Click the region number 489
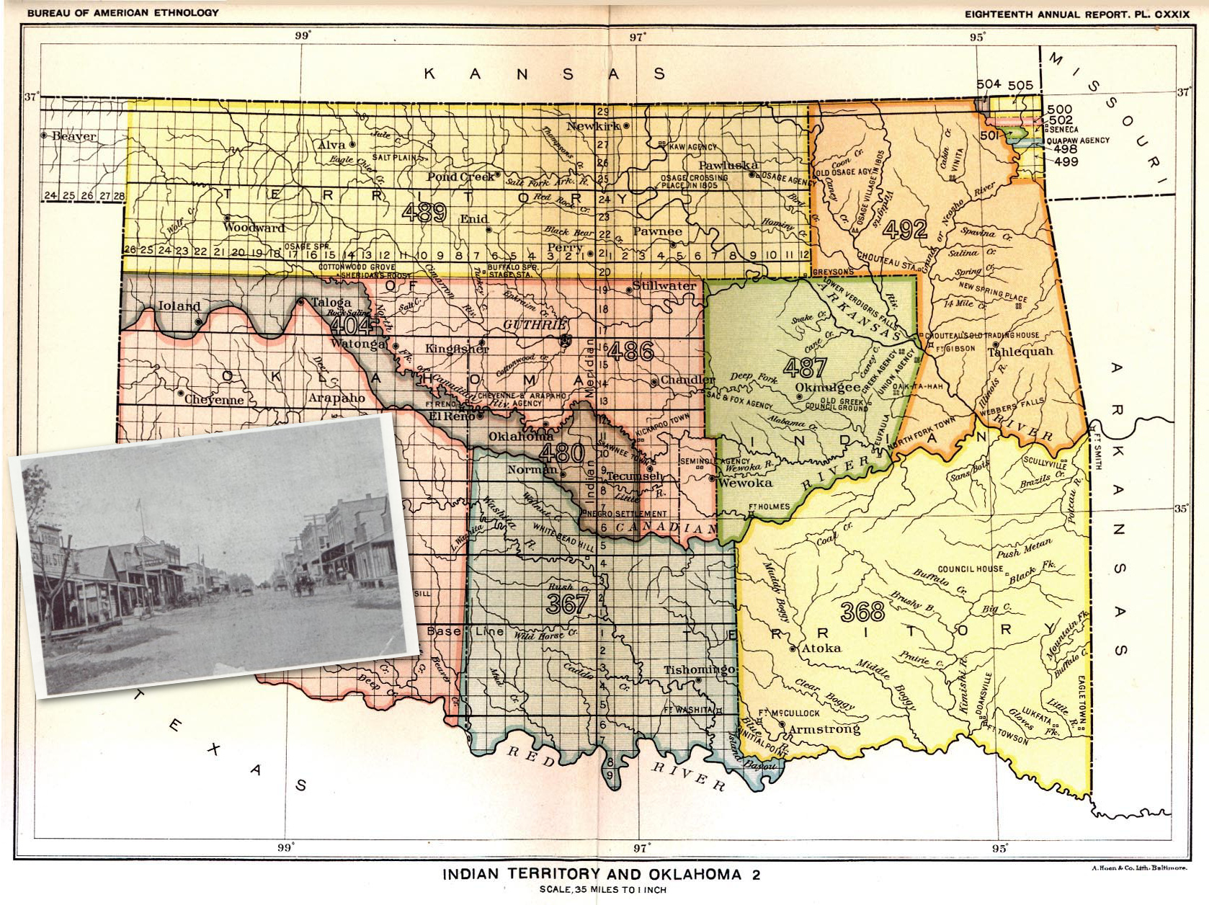424,212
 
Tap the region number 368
862,612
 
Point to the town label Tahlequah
1020,352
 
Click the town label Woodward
254,228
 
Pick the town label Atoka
821,648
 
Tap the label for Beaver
73,136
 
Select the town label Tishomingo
698,669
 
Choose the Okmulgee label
827,388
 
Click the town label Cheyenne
214,399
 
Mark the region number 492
904,229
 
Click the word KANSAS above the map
544,73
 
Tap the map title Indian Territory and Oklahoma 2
601,874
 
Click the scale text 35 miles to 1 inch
602,889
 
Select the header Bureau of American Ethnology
122,13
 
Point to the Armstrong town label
824,729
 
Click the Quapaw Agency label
1078,140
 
